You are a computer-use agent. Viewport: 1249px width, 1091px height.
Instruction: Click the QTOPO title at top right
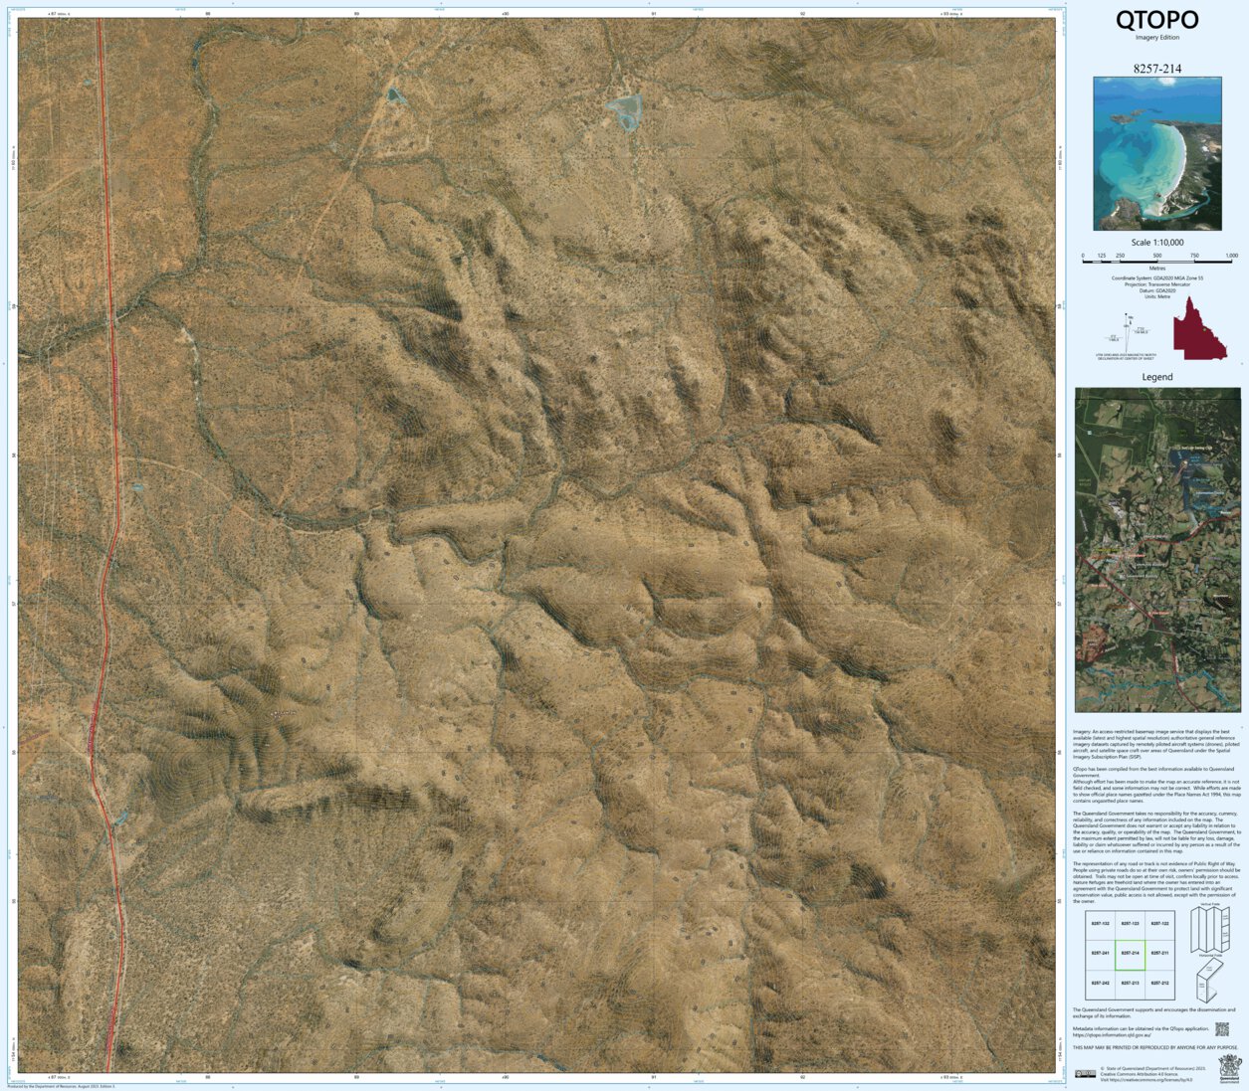coord(1156,20)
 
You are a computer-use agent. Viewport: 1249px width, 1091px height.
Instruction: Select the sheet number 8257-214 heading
coord(1156,69)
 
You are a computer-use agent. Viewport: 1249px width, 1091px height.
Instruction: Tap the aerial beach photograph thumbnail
coord(1156,154)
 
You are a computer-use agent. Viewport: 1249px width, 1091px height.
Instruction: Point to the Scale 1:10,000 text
coord(1156,243)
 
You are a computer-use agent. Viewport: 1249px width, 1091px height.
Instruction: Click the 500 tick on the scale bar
coord(1157,257)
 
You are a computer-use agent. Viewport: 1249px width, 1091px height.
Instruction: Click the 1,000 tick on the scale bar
coord(1231,257)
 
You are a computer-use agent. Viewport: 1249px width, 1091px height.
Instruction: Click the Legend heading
coord(1156,377)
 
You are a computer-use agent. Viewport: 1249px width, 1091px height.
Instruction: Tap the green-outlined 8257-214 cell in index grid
coord(1129,954)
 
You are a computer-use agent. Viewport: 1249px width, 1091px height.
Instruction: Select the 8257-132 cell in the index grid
coord(1100,925)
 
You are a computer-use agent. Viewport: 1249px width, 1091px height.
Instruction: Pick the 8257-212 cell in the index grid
coord(1158,983)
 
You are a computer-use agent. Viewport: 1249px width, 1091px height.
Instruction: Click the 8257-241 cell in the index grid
coord(1100,954)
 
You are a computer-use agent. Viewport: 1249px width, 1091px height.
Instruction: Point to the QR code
coord(1221,1029)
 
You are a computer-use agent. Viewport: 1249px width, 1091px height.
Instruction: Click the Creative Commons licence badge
coord(1084,1073)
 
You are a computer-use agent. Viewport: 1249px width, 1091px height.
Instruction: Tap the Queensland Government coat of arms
coord(1230,1070)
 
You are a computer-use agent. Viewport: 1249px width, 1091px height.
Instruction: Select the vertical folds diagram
coord(1210,929)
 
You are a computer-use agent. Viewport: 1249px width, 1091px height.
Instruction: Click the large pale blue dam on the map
coord(624,111)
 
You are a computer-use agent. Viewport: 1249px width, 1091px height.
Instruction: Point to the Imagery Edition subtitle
coord(1156,38)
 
